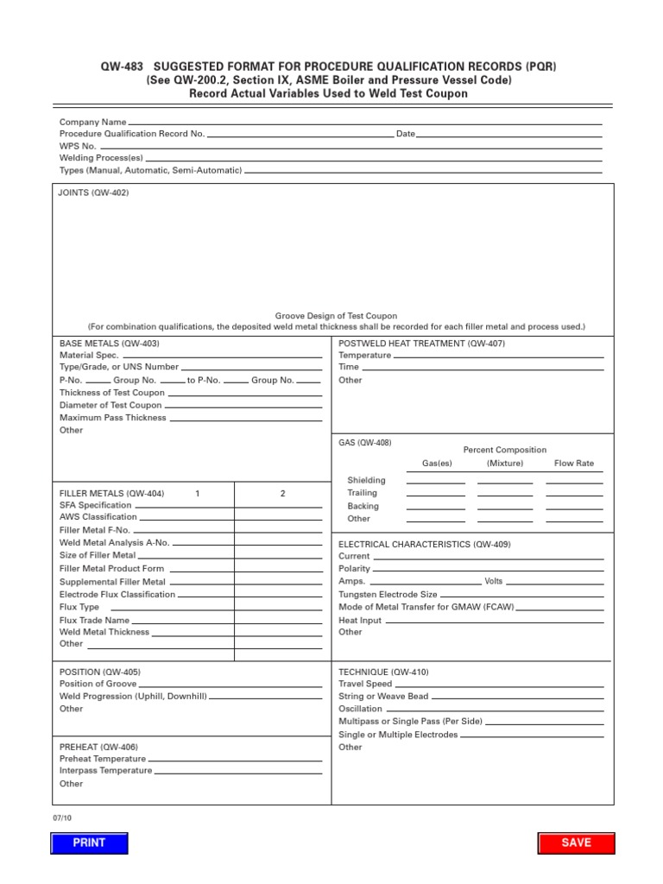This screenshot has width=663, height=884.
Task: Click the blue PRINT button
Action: [x=89, y=843]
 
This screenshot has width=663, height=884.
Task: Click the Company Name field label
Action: [x=92, y=123]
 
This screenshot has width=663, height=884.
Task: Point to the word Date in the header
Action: [x=406, y=134]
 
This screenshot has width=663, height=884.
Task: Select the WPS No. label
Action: [x=78, y=146]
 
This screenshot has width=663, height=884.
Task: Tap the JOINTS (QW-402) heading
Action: [x=93, y=193]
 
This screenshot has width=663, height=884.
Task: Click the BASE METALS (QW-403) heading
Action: [x=109, y=343]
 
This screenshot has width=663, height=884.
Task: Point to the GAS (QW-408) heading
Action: [x=365, y=443]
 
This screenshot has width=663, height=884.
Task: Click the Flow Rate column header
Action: [x=574, y=464]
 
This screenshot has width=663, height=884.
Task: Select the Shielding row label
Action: [x=367, y=480]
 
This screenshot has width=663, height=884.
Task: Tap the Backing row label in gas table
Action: [x=363, y=506]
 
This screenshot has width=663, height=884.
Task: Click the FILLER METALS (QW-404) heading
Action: [x=111, y=493]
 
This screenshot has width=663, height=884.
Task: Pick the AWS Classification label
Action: [x=98, y=517]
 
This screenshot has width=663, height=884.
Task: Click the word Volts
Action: [x=494, y=581]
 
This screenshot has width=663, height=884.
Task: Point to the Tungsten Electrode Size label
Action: [x=388, y=595]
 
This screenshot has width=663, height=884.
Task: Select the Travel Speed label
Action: [x=365, y=684]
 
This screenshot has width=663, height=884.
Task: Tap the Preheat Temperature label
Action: [x=103, y=759]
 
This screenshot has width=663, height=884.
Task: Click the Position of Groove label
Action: [x=98, y=684]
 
